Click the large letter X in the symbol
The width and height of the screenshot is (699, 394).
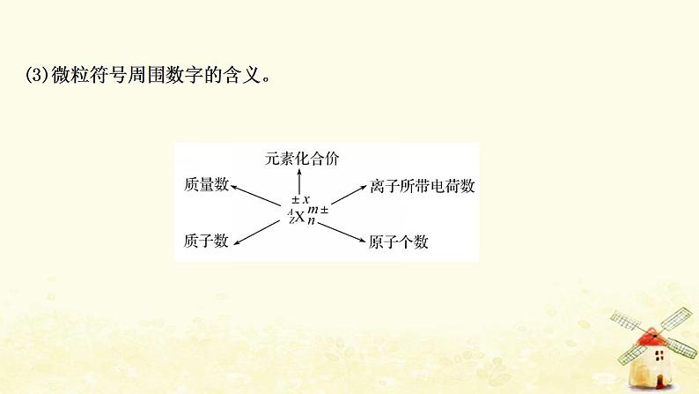click(x=300, y=215)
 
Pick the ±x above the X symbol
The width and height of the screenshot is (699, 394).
click(x=301, y=198)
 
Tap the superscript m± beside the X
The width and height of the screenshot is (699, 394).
click(x=318, y=208)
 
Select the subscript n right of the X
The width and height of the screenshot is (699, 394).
click(x=312, y=221)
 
